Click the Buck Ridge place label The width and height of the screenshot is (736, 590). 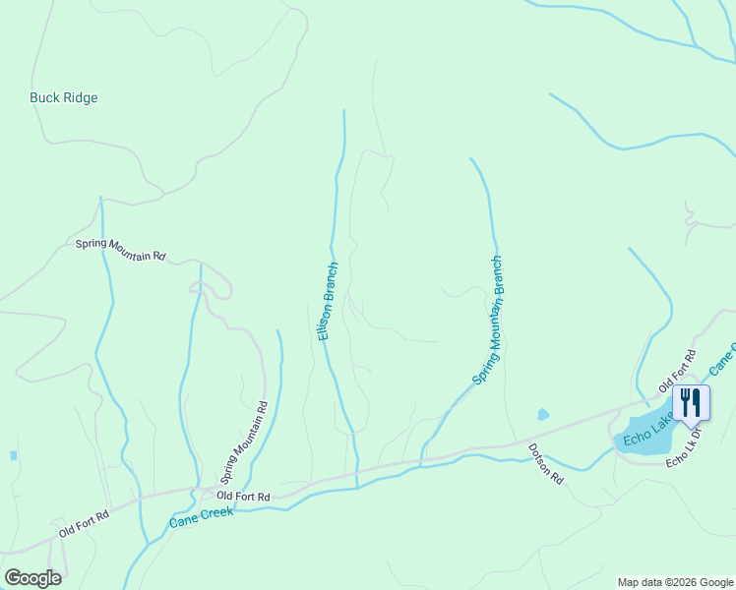click(64, 98)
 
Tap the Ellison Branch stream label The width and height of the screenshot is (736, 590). click(329, 301)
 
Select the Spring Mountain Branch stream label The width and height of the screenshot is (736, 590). click(488, 321)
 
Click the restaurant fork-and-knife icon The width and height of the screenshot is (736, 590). click(690, 402)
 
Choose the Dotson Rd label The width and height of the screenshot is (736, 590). click(545, 463)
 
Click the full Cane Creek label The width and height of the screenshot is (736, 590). click(202, 517)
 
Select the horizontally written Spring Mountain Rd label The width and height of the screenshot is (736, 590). click(120, 250)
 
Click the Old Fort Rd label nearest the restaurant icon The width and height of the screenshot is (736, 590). click(677, 368)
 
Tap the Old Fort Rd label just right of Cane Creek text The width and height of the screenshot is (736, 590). click(243, 497)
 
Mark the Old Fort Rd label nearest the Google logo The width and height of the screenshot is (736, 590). click(84, 520)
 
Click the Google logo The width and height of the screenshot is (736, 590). click(32, 578)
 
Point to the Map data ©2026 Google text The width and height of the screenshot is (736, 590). click(675, 582)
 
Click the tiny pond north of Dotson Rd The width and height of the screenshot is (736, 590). click(542, 415)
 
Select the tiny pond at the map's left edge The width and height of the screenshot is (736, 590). click(12, 456)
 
